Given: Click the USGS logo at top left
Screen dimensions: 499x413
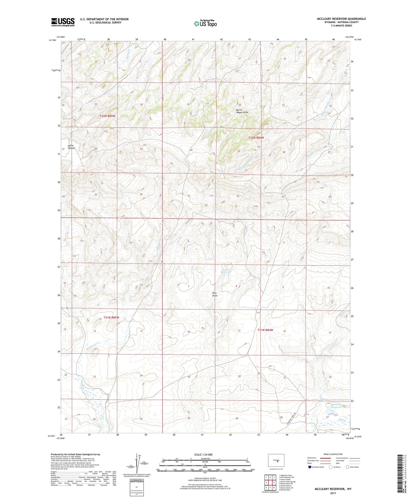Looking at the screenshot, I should (63, 22).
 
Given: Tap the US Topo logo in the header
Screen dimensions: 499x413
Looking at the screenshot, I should (205, 23).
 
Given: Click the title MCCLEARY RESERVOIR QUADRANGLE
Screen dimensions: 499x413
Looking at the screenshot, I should (341, 19).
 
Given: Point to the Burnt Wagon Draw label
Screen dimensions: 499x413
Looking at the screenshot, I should (242, 111).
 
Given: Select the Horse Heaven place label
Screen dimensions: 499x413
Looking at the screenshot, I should (71, 147).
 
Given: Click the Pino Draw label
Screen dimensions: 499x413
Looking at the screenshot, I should (215, 294).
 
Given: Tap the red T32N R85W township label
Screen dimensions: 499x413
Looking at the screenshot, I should (107, 116).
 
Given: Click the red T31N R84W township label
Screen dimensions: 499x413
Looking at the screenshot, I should (265, 330).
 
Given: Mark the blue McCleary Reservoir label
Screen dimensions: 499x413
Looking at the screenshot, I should (336, 406).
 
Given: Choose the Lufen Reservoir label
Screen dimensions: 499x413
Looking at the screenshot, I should (226, 271).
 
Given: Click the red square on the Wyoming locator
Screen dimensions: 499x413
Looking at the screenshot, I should (277, 461).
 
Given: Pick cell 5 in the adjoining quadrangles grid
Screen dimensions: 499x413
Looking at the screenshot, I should (274, 482).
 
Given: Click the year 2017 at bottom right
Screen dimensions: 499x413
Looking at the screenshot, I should (333, 493).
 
